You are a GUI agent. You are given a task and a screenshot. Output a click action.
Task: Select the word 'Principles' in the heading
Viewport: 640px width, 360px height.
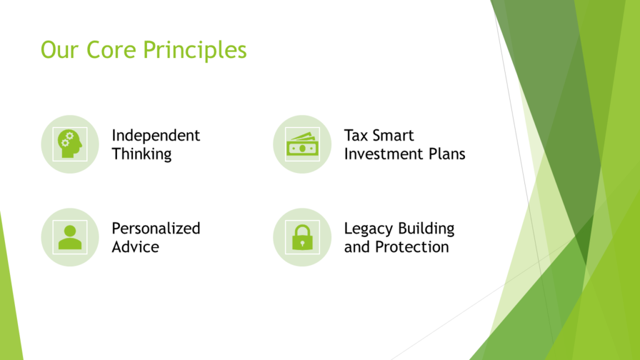pos(194,50)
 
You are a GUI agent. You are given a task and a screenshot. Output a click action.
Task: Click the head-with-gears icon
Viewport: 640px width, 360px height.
pos(70,144)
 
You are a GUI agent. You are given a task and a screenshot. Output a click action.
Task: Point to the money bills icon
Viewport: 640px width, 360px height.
pos(302,145)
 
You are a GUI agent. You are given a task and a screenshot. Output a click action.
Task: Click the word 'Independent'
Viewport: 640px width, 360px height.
pos(156,136)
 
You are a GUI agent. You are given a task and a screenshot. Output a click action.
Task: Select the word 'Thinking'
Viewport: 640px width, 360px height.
pos(141,154)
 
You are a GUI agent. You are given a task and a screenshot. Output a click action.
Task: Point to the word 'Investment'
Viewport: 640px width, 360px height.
pos(382,154)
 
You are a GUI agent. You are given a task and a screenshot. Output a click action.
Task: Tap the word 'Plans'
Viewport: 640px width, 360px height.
pos(445,154)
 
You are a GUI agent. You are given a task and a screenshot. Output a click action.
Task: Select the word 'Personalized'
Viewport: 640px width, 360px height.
pos(156,229)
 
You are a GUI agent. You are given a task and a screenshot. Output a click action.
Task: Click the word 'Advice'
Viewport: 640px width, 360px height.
pos(135,247)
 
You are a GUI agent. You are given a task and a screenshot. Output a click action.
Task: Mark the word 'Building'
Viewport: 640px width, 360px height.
pos(426,229)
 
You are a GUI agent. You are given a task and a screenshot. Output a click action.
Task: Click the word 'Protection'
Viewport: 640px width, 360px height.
pos(412,247)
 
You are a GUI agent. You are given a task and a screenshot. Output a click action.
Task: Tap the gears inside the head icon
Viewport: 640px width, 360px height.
pos(66,141)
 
